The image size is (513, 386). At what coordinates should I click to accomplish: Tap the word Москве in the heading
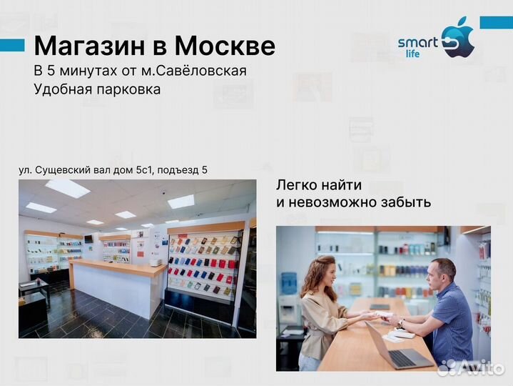tap(225, 46)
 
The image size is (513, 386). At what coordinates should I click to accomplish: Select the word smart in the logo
tap(417, 42)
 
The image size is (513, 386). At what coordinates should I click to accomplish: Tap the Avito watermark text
tap(480, 367)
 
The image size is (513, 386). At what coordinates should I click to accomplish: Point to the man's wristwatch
tap(401, 323)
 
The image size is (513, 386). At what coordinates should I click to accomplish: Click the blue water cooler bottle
tap(289, 283)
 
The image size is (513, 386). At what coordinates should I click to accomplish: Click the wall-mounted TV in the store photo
tap(88, 238)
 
